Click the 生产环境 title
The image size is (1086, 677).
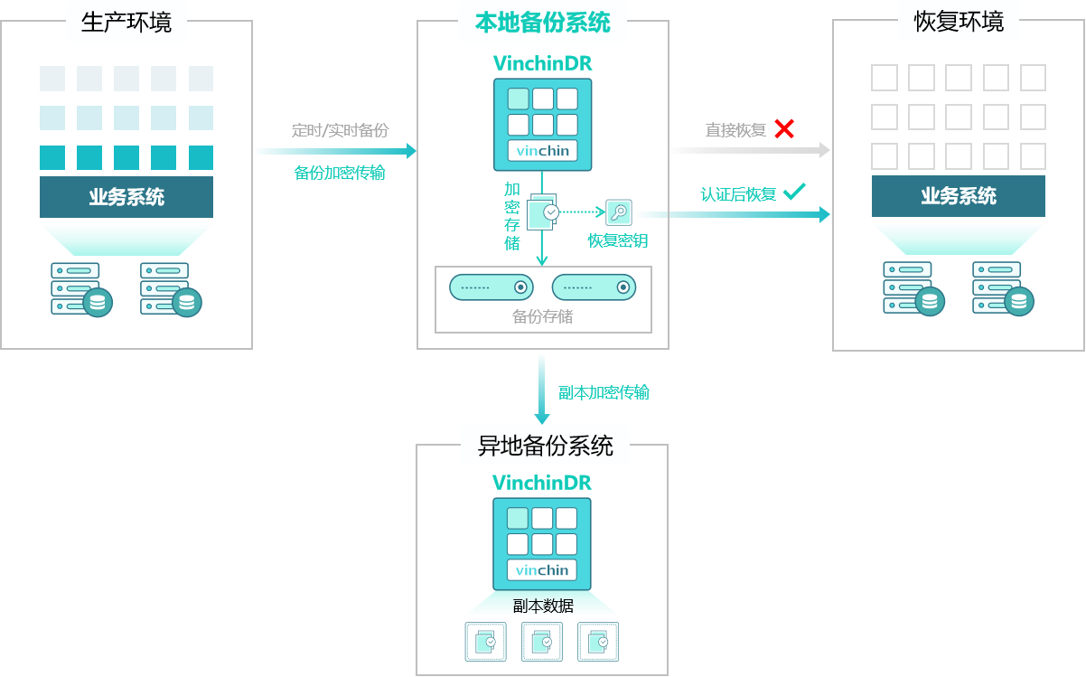[126, 22]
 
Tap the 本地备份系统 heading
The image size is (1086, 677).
[542, 22]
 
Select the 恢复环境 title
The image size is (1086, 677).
[959, 22]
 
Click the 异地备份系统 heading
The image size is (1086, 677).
[545, 445]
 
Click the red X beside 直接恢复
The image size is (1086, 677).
[784, 128]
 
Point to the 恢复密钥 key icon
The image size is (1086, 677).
[619, 212]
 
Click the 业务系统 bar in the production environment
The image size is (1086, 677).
[126, 197]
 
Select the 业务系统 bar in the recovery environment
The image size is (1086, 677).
[959, 196]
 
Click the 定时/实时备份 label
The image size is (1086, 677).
[340, 130]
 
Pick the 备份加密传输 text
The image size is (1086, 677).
[340, 173]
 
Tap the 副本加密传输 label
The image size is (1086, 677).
[604, 392]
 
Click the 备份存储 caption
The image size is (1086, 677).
[542, 316]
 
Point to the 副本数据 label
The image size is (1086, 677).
[542, 606]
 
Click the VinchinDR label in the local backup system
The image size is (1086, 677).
[542, 63]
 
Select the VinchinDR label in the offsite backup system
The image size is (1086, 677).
[542, 483]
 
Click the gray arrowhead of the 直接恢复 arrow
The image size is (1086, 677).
[824, 150]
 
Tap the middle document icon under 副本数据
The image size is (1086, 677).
[542, 642]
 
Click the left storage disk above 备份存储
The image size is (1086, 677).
[492, 287]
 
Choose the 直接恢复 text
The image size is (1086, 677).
[735, 130]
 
